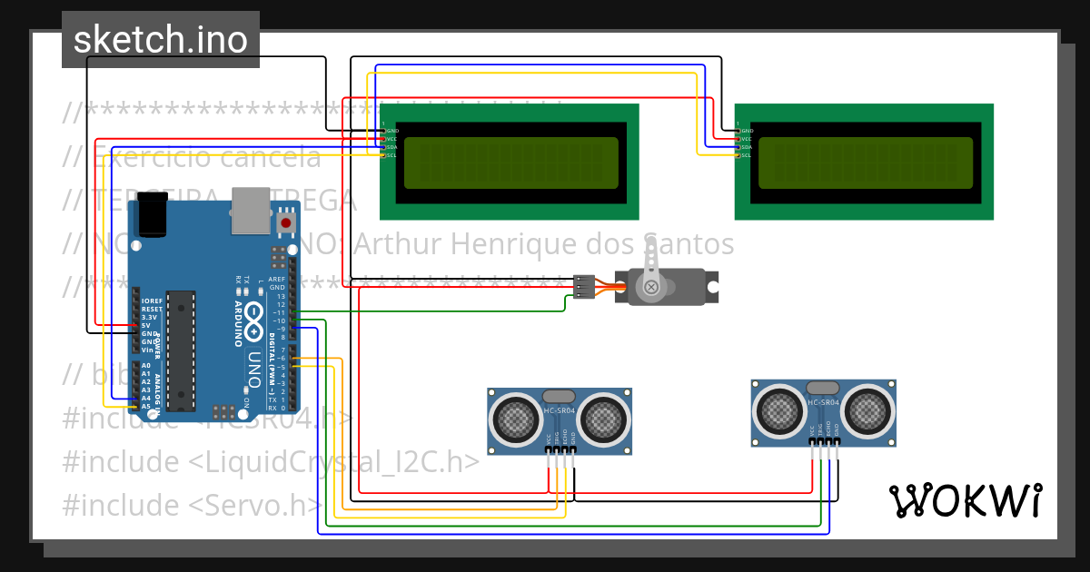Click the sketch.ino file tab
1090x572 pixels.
point(160,40)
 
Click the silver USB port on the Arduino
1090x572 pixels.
point(252,208)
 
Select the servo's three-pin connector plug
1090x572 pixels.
point(584,287)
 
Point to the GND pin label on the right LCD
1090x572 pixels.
point(746,131)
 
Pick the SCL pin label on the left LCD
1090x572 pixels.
point(391,155)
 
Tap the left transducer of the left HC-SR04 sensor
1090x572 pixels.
point(515,419)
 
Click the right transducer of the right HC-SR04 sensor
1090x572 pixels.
point(869,411)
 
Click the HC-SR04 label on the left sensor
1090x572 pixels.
point(559,411)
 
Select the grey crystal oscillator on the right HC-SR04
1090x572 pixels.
point(822,389)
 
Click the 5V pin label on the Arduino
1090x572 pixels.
point(146,325)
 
